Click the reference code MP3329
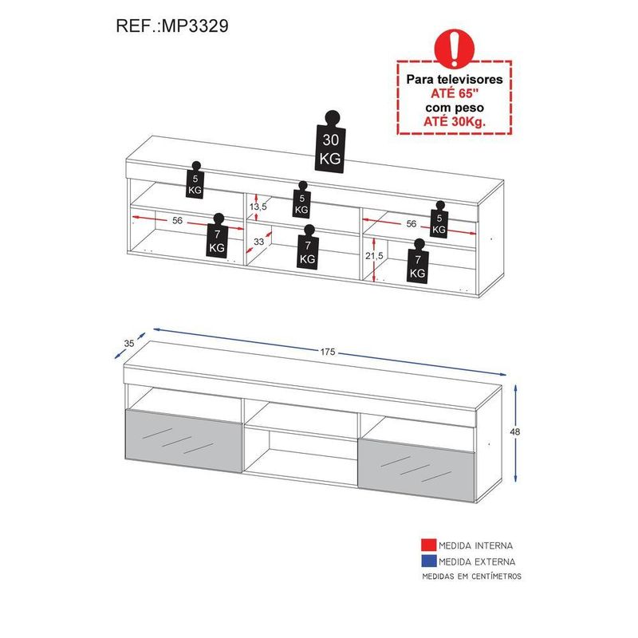point(195,26)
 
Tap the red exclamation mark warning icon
point(455,48)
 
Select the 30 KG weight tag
point(330,142)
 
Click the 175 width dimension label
point(328,352)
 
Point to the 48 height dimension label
point(514,431)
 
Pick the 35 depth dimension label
point(129,344)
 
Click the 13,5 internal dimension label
point(258,207)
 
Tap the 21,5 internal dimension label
point(374,256)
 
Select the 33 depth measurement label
point(258,242)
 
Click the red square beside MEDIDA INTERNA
point(429,545)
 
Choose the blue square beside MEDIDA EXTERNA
point(429,561)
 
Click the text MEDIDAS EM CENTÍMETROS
point(471,576)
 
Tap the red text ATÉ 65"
point(455,93)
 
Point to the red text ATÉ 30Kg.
point(455,121)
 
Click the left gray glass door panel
point(183,441)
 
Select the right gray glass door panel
point(416,469)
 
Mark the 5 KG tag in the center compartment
point(301,200)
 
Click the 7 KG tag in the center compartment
point(308,247)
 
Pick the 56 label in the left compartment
point(177,221)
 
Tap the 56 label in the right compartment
point(412,224)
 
